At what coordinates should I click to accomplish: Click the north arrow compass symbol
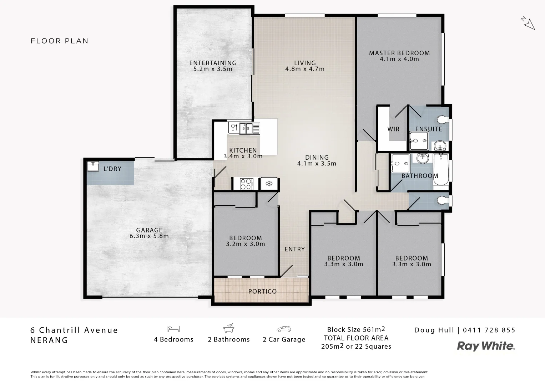[528, 23]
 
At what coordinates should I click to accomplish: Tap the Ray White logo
[486, 346]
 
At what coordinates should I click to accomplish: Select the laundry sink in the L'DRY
[93, 166]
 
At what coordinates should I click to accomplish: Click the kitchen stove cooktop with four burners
[246, 184]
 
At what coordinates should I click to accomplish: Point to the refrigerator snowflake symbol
[269, 184]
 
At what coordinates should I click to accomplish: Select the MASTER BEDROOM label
[399, 53]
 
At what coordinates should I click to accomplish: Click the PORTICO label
[262, 291]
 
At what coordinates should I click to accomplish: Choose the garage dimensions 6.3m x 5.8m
[149, 236]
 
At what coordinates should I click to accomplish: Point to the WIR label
[393, 129]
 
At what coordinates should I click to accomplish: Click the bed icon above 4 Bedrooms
[173, 329]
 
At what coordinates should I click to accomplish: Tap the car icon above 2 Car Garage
[284, 329]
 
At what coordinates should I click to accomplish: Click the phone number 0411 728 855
[489, 330]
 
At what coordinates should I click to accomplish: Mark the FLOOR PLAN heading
[60, 41]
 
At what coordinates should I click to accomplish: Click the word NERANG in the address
[49, 340]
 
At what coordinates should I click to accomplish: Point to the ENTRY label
[294, 249]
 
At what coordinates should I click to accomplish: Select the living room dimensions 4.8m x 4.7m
[305, 69]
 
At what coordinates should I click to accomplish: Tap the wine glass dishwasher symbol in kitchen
[233, 127]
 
